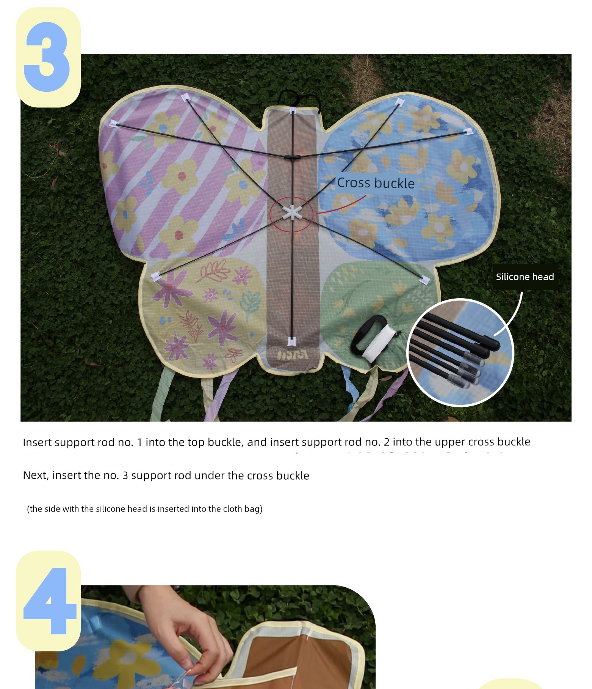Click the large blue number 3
[47, 57]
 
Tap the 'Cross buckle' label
[376, 183]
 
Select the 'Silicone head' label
[525, 277]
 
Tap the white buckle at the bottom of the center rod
[291, 341]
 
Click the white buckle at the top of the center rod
[293, 110]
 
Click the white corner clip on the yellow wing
[156, 276]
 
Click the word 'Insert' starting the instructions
[37, 442]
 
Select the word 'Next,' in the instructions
[36, 476]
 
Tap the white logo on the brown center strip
[292, 355]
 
